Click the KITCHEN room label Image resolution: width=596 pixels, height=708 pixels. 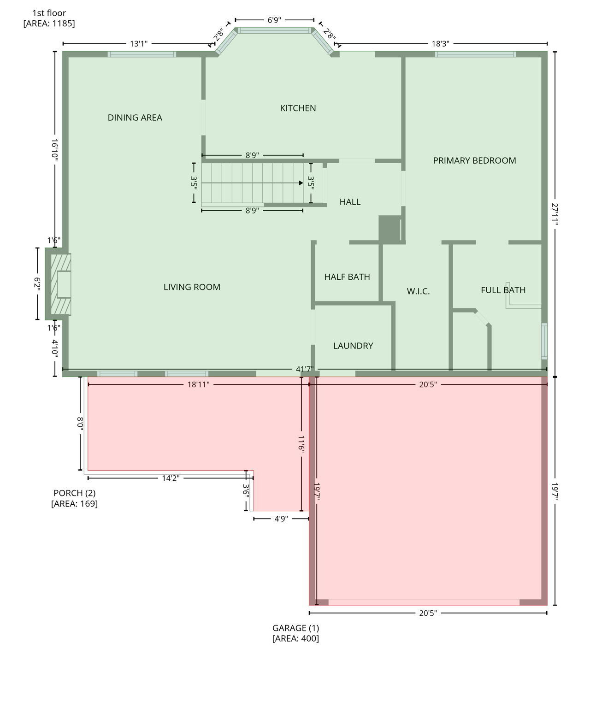click(298, 108)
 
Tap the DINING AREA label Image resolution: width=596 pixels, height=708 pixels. click(135, 118)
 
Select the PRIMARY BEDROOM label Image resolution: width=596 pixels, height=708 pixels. click(474, 160)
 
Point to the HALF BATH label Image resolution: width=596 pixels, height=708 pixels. click(347, 277)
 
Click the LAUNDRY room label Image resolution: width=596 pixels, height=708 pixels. click(353, 346)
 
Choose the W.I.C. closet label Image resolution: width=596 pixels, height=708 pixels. click(418, 291)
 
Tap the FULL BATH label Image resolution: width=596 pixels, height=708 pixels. click(502, 290)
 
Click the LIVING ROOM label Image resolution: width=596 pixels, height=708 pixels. click(192, 287)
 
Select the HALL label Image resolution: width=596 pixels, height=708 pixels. click(350, 202)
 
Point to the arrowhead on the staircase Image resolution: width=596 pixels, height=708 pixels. click(301, 183)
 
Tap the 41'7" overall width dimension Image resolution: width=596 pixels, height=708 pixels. click(305, 369)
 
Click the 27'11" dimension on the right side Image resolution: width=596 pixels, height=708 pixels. click(555, 214)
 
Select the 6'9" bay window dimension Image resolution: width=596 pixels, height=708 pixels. click(274, 20)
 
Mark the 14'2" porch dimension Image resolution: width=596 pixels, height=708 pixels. click(170, 478)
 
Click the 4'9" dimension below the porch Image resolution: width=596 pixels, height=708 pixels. click(281, 519)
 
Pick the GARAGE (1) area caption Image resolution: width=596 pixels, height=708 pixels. click(295, 633)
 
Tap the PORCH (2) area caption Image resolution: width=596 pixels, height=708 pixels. click(74, 498)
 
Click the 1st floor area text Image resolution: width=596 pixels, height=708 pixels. click(49, 18)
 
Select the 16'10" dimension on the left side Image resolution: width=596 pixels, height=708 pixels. click(55, 149)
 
